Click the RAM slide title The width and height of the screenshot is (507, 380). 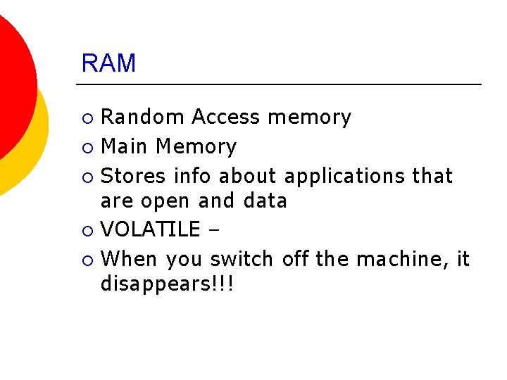108,63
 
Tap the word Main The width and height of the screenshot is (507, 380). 125,146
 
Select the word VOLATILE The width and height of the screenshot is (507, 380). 151,229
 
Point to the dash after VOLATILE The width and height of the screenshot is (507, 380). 214,230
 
